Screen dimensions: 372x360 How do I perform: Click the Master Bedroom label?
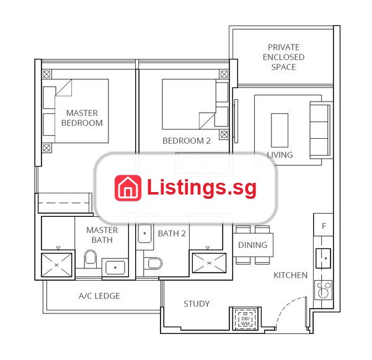82,118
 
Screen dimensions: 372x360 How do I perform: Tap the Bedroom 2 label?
187,141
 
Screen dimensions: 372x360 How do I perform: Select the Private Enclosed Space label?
283,57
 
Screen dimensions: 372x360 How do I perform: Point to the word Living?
280,155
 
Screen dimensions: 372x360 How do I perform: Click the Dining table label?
253,245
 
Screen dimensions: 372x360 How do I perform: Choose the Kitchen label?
290,275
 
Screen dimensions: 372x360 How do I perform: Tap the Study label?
197,304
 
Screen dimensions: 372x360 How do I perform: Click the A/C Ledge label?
99,296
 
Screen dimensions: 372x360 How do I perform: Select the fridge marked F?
324,225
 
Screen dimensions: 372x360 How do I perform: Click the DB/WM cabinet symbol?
246,319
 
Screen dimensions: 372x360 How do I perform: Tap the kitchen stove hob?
324,289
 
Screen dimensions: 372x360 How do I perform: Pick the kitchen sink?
324,258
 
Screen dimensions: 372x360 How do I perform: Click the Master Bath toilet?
91,259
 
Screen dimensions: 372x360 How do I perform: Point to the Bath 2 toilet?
153,263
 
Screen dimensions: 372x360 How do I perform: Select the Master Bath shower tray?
56,265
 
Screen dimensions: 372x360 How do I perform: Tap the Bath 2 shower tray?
209,263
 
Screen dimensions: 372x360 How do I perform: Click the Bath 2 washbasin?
144,234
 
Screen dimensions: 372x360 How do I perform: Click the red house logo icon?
128,188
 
